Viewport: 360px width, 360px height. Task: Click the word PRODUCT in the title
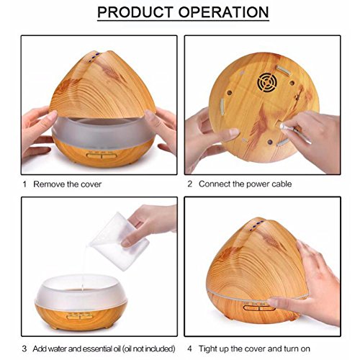(135, 12)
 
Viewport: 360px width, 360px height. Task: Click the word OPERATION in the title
(223, 12)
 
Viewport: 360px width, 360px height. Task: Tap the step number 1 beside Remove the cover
(24, 184)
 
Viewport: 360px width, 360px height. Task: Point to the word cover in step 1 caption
(91, 184)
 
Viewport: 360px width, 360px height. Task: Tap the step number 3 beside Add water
(24, 348)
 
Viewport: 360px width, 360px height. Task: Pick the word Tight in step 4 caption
(207, 348)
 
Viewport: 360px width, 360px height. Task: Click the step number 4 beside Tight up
(189, 348)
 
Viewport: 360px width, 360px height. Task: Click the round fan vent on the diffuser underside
(266, 83)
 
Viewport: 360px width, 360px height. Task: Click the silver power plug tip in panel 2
(283, 126)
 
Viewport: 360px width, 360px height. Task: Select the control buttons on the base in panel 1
(102, 156)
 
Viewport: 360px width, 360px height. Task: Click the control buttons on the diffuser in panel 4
(259, 307)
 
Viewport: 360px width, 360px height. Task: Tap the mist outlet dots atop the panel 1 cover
(94, 57)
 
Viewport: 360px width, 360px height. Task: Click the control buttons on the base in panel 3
(80, 316)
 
